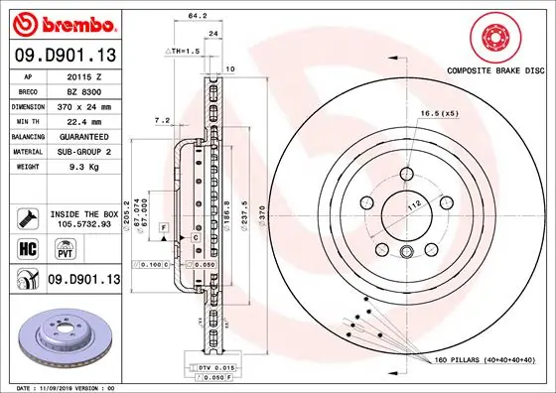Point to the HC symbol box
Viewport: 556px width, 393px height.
28,247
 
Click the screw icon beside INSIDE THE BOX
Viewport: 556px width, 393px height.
28,215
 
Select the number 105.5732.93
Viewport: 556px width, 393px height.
84,225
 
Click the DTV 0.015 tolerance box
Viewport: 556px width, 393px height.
202,368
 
